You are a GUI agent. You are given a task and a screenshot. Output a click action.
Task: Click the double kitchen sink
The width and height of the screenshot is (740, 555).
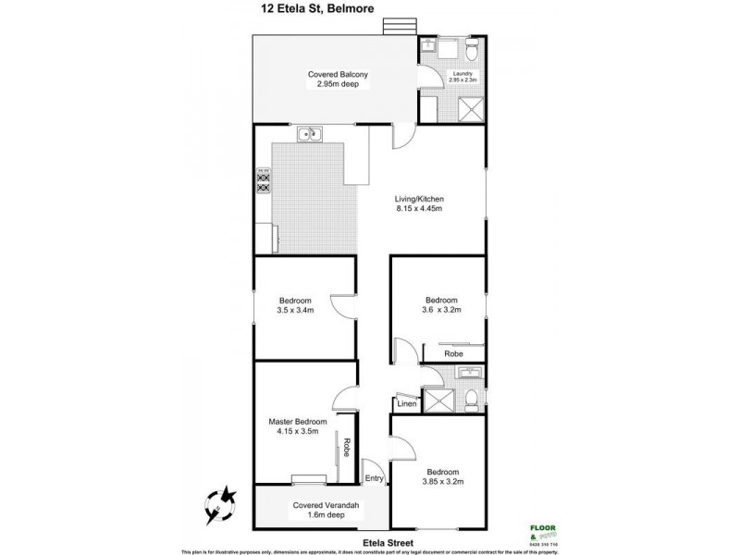point(308,136)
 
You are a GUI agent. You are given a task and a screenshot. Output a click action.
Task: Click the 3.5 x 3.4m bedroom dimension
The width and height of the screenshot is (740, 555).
point(297,312)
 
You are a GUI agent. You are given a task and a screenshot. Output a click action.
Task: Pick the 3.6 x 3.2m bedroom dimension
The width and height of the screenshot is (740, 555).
point(441,312)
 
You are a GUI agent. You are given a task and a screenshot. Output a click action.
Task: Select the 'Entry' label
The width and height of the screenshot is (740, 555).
point(374,478)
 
